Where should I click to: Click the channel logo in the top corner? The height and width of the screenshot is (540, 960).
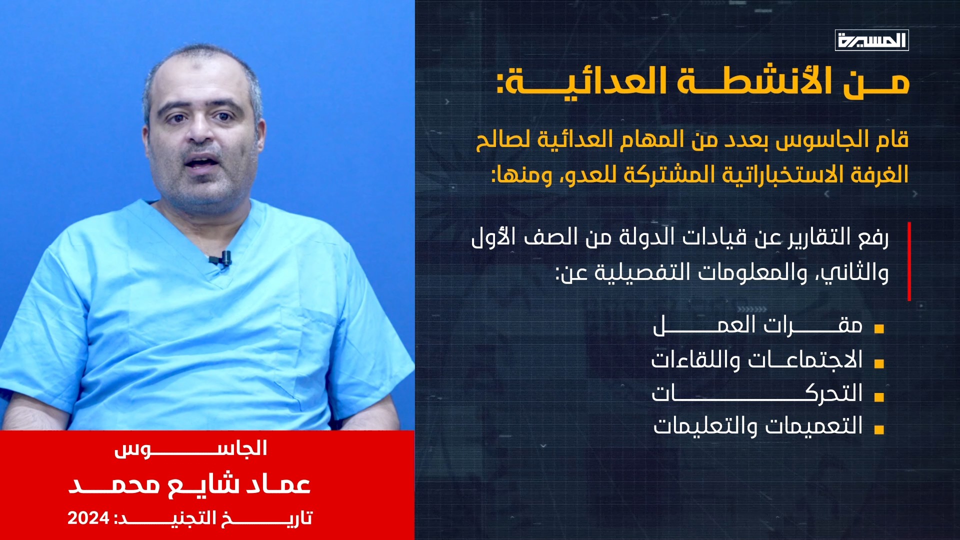tap(871, 40)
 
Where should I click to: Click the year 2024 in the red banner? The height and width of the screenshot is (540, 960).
tap(88, 518)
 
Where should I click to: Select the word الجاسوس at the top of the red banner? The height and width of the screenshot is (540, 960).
tap(190, 448)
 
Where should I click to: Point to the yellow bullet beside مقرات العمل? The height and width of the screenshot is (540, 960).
tap(879, 329)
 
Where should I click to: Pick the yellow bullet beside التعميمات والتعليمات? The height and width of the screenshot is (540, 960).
tap(879, 429)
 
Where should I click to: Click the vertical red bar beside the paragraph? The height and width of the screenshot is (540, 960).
tap(909, 261)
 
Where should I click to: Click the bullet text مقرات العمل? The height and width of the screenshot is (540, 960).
tap(758, 325)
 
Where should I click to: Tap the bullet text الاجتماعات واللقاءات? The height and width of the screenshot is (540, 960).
tap(757, 359)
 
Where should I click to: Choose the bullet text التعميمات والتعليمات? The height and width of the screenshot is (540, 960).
tap(758, 425)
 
